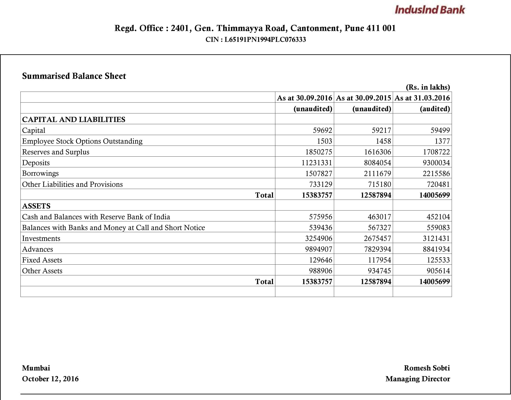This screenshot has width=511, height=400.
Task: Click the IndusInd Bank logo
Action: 430,10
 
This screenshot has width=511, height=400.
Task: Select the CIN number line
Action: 255,39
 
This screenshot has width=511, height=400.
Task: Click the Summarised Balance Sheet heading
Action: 74,76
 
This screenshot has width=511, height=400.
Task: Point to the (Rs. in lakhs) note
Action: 428,87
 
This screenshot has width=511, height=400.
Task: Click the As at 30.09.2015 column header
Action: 363,98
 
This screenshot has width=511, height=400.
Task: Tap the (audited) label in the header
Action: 434,109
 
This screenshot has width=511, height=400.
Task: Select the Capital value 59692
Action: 322,130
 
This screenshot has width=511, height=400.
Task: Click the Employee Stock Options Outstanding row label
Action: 82,141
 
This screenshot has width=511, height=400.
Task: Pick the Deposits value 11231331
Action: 316,163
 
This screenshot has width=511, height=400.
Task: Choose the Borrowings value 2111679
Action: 377,174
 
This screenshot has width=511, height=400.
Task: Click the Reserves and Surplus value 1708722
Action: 436,152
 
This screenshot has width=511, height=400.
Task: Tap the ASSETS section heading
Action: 36,206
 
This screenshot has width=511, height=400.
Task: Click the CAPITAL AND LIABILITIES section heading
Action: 74,120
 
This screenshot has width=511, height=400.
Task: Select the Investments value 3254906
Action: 319,238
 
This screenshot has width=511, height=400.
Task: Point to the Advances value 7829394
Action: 377,249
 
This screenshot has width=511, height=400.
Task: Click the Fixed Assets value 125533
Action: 438,260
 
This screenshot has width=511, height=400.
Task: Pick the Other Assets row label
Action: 42,271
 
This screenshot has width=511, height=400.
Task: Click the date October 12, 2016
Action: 50,379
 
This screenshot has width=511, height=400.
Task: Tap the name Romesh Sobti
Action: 427,368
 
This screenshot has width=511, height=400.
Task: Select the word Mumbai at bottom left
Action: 36,368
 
